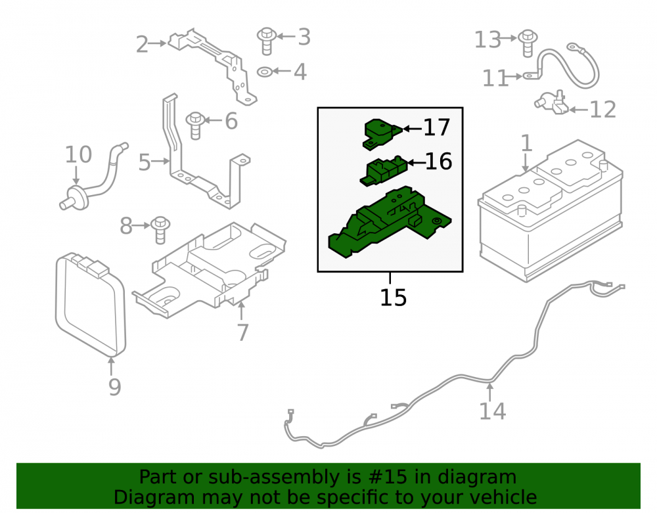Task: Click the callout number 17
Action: [437, 127]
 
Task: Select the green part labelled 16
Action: [384, 170]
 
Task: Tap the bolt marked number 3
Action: [267, 41]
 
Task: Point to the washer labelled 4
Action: [265, 72]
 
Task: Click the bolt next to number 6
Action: [195, 125]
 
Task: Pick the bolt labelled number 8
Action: [160, 230]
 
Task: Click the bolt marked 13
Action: [528, 43]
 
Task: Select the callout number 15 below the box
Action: [393, 298]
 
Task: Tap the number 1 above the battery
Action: [526, 143]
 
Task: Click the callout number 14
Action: [492, 411]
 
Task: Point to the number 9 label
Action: [114, 387]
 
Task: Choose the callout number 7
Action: [242, 332]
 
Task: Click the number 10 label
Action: [78, 154]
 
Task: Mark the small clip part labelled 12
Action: [552, 102]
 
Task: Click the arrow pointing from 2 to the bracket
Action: [158, 43]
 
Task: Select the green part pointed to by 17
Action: [382, 133]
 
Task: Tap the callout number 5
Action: [144, 162]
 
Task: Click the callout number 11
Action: [495, 78]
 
